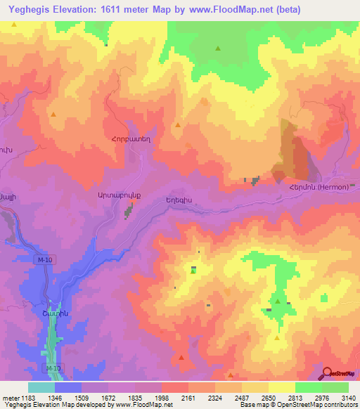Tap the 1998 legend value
(161, 398)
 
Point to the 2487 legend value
(240, 398)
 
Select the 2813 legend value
(294, 398)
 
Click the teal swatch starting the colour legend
(41, 387)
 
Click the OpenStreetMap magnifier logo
(327, 372)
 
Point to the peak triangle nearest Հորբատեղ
(177, 125)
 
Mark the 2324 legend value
(214, 398)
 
